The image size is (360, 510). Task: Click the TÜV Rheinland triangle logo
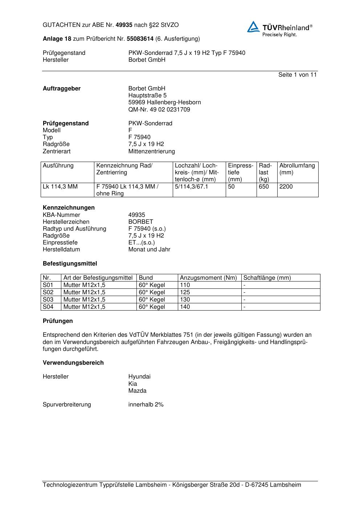(253, 27)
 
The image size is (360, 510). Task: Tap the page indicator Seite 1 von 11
(297, 75)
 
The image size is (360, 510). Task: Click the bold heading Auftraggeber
(62, 89)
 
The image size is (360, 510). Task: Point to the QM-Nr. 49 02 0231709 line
(159, 110)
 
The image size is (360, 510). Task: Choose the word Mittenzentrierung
(151, 151)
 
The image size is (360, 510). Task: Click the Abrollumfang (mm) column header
(297, 169)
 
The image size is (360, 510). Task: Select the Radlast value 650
(264, 187)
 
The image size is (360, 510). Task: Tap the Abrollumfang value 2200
(286, 187)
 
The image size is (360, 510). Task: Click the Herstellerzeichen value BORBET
(141, 222)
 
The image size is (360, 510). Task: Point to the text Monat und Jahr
(149, 250)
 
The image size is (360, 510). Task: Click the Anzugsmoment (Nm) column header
(208, 278)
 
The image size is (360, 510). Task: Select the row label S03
(48, 300)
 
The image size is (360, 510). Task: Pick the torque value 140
(185, 307)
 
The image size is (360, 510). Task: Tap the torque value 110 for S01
(185, 285)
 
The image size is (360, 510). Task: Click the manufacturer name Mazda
(137, 391)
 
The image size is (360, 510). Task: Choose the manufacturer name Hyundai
(139, 377)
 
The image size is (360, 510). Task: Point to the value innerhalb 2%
(146, 405)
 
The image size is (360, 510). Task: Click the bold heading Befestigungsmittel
(70, 264)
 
